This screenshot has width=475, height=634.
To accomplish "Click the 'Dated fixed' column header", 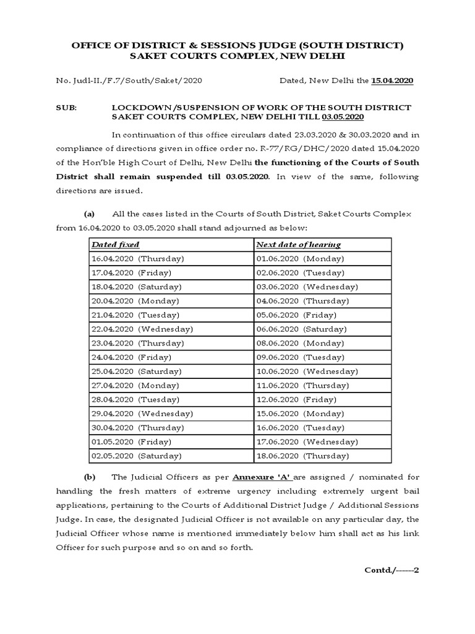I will pos(114,245).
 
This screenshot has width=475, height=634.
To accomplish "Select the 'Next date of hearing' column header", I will pos(299,245).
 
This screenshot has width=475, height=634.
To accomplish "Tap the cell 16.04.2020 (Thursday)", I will pos(138,259).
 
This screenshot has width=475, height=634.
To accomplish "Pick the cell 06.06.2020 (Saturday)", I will pos(301,329).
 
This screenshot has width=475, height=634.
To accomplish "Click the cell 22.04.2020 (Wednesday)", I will pos(142,329).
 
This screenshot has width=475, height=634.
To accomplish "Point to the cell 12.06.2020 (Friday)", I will pos(296,399).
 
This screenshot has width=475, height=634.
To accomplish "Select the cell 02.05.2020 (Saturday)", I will pos(137,456).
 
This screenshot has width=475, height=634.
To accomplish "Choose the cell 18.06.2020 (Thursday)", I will pos(303,456).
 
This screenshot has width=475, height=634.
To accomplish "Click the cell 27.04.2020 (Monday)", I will pos(135,385).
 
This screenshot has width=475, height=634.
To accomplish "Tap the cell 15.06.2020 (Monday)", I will pos(299,414).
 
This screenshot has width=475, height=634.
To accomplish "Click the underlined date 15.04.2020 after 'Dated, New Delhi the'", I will pos(393,80).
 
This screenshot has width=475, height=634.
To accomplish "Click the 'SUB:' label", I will pos(66,107).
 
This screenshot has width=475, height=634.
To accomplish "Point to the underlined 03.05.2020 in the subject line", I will pos(343,116).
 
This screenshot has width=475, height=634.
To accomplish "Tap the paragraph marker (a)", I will pos(89,214).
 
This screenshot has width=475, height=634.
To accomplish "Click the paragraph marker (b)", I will pos(89,477).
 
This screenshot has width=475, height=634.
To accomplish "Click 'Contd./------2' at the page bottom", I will pos(392,570).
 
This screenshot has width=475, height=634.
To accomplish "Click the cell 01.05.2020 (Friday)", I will pos(132,441).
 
